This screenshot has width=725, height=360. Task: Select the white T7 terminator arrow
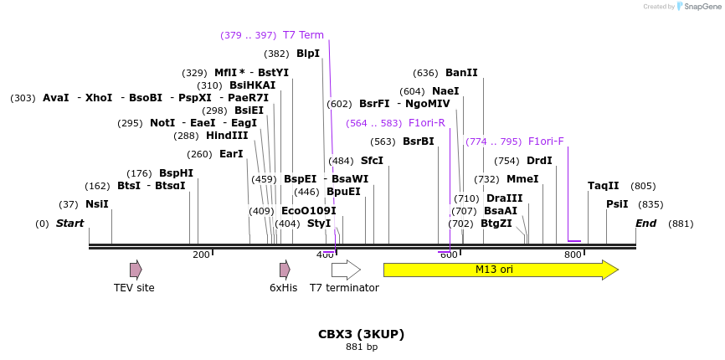[x=345, y=270]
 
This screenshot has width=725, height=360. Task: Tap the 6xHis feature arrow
[x=285, y=270]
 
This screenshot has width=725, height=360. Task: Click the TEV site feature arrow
[x=136, y=270]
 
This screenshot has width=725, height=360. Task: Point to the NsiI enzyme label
[x=96, y=204]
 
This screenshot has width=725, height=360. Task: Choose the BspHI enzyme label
[x=176, y=173]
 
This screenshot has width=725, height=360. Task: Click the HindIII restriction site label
[x=227, y=136]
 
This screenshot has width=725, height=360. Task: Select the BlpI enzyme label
[x=308, y=54]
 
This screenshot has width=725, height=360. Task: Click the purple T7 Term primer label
[x=303, y=35]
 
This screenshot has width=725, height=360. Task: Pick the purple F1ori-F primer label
[x=546, y=141]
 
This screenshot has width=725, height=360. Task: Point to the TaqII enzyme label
[x=603, y=186]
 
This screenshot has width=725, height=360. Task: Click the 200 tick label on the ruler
[x=201, y=255]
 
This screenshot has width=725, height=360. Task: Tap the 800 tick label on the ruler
[x=573, y=255]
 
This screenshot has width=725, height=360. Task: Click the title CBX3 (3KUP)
[x=361, y=334]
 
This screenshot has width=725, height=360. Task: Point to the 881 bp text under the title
[x=361, y=347]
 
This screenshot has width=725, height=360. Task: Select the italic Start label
[x=69, y=224]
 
